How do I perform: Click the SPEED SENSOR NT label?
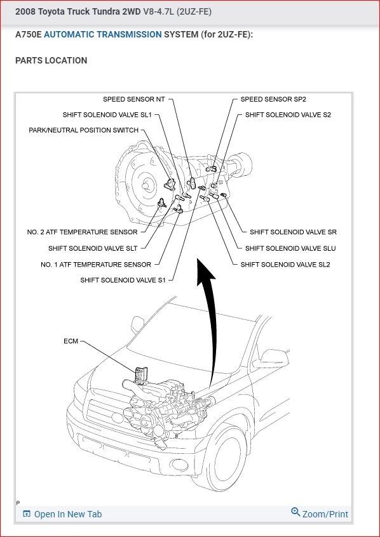133,99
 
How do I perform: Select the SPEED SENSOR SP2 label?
273,99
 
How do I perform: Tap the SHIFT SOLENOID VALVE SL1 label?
107,115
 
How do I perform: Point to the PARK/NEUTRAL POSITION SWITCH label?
84,130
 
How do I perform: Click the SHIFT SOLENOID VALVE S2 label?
288,115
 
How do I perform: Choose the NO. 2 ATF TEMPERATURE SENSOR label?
83,232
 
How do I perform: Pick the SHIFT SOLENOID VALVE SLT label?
93,248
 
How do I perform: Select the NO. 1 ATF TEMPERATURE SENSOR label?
96,265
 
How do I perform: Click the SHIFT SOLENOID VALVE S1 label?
123,280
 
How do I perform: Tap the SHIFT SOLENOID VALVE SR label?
293,232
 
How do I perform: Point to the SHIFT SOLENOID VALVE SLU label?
290,248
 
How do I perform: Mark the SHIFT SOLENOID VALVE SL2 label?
285,265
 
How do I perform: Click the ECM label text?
71,341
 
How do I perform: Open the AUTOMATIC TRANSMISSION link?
103,34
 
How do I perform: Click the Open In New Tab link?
62,514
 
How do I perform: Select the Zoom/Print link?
320,514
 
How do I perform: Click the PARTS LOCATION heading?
51,60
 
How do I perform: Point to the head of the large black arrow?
205,270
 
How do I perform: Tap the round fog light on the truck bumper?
180,465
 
